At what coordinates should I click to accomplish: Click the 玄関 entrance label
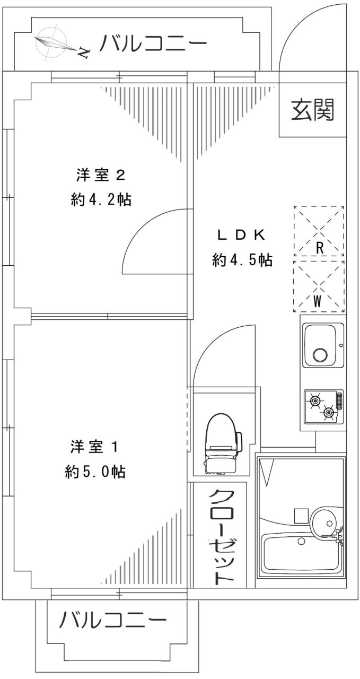pyautogui.click(x=312, y=109)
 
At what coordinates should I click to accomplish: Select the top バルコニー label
pyautogui.click(x=153, y=44)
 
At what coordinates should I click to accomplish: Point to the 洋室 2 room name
pyautogui.click(x=101, y=176)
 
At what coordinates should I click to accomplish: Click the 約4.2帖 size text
pyautogui.click(x=101, y=200)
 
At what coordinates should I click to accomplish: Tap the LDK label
pyautogui.click(x=242, y=235)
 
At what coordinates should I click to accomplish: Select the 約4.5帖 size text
pyautogui.click(x=242, y=260)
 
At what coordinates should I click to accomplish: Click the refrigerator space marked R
pyautogui.click(x=319, y=231)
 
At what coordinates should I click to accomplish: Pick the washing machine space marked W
pyautogui.click(x=319, y=286)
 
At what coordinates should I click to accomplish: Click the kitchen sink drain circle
pyautogui.click(x=321, y=355)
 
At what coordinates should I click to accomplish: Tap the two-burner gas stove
pyautogui.click(x=323, y=406)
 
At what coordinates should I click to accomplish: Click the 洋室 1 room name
pyautogui.click(x=94, y=447)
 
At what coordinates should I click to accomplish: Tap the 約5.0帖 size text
pyautogui.click(x=95, y=472)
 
